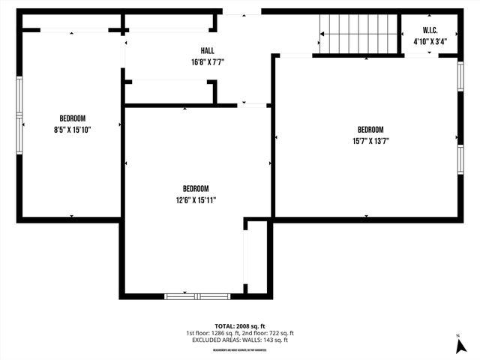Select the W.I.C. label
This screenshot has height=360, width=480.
(430, 31)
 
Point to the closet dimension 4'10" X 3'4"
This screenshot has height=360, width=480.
(430, 42)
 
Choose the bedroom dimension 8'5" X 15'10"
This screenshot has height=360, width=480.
(73, 130)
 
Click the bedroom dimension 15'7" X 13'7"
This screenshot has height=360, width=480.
(370, 140)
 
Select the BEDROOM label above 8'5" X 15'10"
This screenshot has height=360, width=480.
(73, 118)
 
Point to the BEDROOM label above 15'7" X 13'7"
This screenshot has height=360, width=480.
(370, 129)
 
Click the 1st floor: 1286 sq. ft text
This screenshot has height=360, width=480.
(212, 333)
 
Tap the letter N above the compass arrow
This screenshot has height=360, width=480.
(457, 334)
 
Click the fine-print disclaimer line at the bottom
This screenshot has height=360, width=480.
(240, 349)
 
